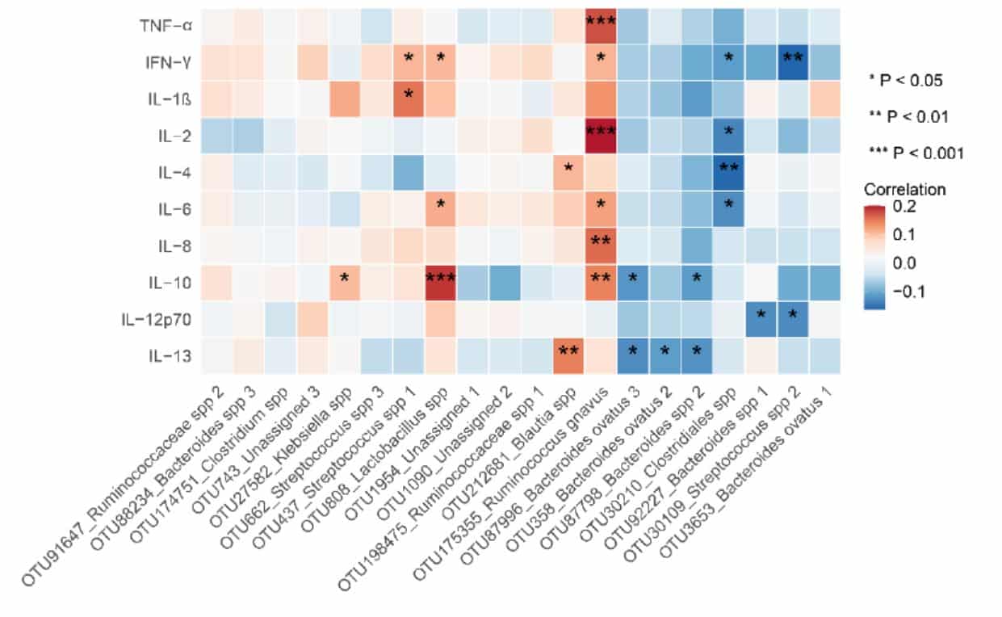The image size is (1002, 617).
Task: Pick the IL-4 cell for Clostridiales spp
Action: pos(728,170)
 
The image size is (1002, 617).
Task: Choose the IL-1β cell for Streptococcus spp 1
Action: pos(409,97)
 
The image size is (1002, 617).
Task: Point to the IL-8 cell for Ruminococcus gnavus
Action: pos(600,242)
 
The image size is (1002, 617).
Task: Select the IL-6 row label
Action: pos(175,208)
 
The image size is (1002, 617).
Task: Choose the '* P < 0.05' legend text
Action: pos(904,80)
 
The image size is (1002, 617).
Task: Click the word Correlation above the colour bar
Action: pos(904,191)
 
